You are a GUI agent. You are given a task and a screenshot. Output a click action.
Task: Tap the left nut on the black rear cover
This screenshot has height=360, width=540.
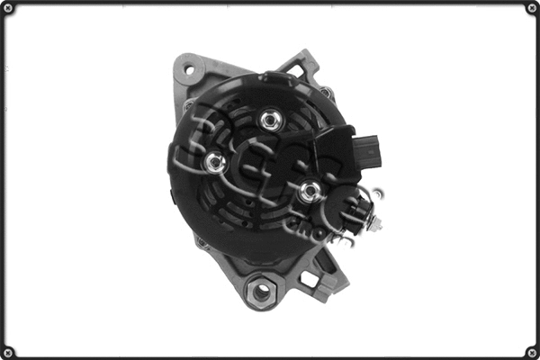pos(214,162)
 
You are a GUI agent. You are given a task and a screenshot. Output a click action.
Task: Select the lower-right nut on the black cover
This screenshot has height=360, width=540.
pos(309,191)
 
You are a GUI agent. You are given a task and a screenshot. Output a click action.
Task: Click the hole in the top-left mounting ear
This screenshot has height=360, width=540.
pos(189,68)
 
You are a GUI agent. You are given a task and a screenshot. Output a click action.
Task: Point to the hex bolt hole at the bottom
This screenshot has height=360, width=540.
pos(260,290)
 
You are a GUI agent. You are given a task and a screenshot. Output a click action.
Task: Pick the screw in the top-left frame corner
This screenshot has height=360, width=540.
pos(10,10)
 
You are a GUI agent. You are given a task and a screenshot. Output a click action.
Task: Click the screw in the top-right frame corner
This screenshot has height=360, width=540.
pos(530,10)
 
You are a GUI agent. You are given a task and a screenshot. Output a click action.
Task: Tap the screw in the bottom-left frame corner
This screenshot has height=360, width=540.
pos(10,350)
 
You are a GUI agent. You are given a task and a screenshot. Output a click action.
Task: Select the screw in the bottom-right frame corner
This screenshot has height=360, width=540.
pos(530,350)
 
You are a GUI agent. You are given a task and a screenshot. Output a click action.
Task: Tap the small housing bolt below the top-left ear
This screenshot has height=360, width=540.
pos(188,105)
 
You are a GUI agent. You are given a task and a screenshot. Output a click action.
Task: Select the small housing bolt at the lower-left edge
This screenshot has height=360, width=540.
pos(200,240)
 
